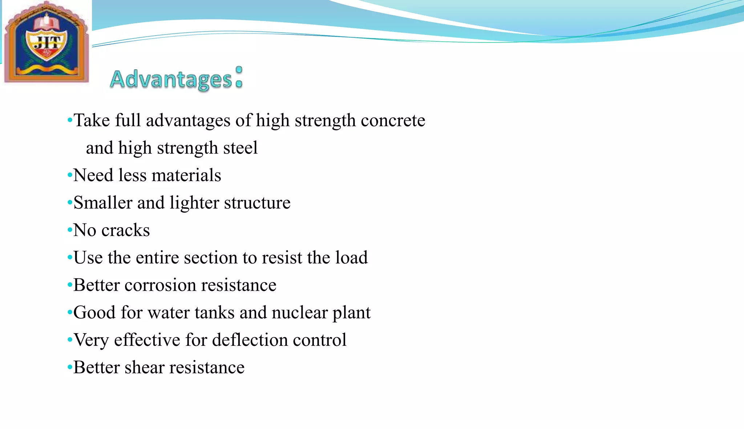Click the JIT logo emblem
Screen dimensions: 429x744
coord(46,42)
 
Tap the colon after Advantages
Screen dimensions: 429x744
coord(239,77)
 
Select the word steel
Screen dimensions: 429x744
coord(240,148)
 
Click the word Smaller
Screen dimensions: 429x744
coord(103,203)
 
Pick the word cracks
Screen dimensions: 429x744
coord(125,230)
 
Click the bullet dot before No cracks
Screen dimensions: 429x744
coord(70,230)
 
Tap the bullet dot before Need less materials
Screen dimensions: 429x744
coord(70,175)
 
